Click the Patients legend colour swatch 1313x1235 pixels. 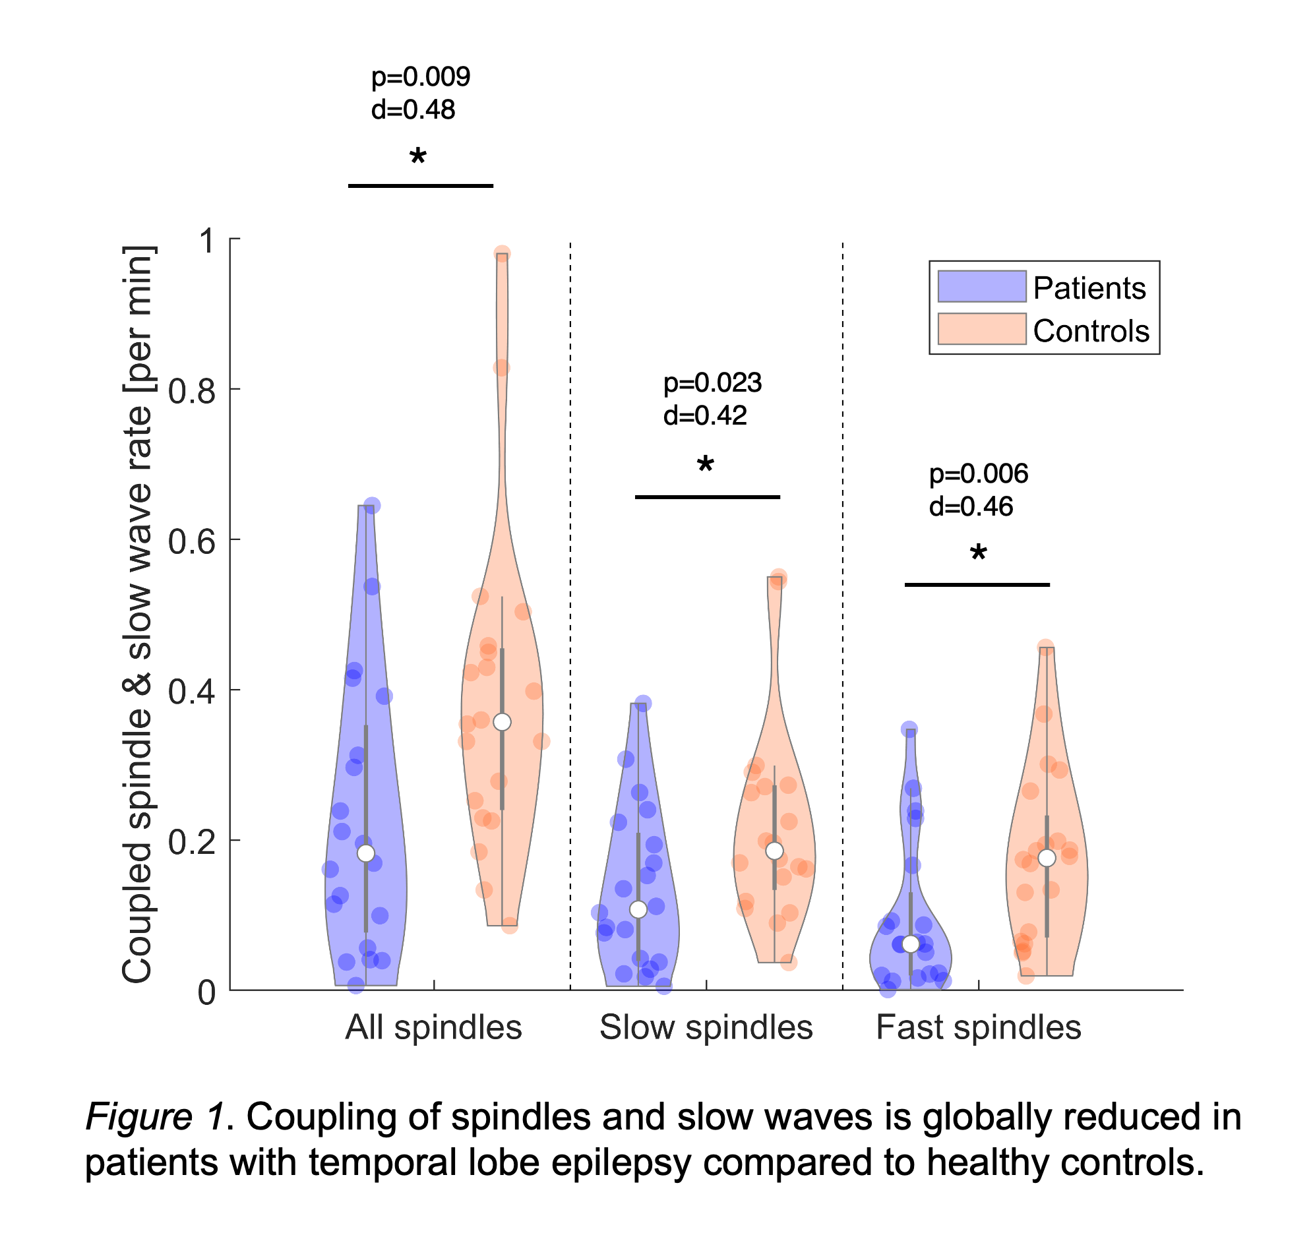coord(981,287)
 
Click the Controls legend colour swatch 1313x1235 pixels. coord(981,329)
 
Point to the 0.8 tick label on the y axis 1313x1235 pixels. coord(191,392)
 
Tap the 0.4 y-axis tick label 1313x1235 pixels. coord(191,692)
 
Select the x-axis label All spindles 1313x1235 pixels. coord(433,1027)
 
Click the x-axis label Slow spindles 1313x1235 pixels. coord(706,1027)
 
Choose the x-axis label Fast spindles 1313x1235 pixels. coord(978,1027)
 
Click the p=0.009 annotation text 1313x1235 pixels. coord(421,77)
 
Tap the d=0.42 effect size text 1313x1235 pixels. coord(705,415)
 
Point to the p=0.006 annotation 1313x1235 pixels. coord(978,473)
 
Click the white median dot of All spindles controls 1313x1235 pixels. coord(502,722)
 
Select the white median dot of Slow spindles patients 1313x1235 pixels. coord(638,909)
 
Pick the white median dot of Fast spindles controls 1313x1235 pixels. coord(1046,858)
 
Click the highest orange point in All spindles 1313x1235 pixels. coord(502,254)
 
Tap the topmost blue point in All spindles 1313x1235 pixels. coord(372,506)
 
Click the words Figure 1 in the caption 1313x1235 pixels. coord(154,1118)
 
